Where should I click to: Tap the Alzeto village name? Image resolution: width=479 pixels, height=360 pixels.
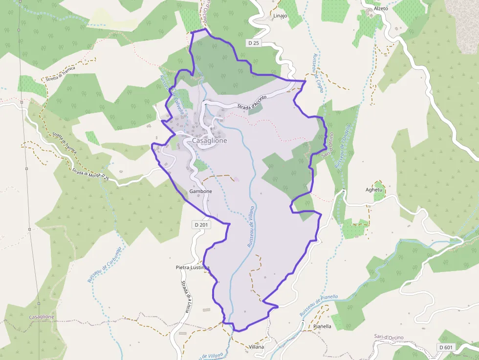pos(381,9)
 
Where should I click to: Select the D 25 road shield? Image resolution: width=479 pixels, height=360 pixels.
pos(253,43)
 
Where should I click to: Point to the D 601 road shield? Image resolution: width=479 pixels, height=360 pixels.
pos(445,347)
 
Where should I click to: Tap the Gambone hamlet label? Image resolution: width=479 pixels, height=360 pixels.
pos(200,191)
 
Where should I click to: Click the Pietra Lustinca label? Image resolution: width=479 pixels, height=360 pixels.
pos(193,268)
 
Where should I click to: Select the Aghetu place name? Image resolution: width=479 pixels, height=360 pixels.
pos(374,190)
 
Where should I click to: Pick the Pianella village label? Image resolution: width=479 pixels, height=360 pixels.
pos(322,326)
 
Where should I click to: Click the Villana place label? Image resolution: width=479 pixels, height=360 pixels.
pos(256,347)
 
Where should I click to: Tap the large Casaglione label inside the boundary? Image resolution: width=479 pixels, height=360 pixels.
pos(209,141)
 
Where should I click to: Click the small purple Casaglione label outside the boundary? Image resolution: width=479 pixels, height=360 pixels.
pos(42,317)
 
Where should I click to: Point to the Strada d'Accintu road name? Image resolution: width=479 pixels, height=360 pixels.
pos(252,103)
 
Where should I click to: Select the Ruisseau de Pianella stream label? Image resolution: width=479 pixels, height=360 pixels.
pos(319,305)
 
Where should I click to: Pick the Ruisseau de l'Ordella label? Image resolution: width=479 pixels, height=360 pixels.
pos(343,146)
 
